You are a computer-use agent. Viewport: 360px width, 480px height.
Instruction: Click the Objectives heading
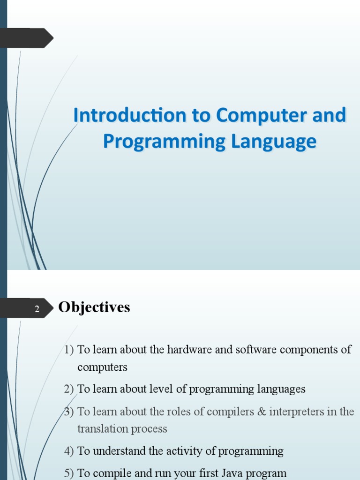94,307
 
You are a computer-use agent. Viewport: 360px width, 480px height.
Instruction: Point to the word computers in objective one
102,367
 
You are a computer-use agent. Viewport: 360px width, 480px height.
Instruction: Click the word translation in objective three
100,429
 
